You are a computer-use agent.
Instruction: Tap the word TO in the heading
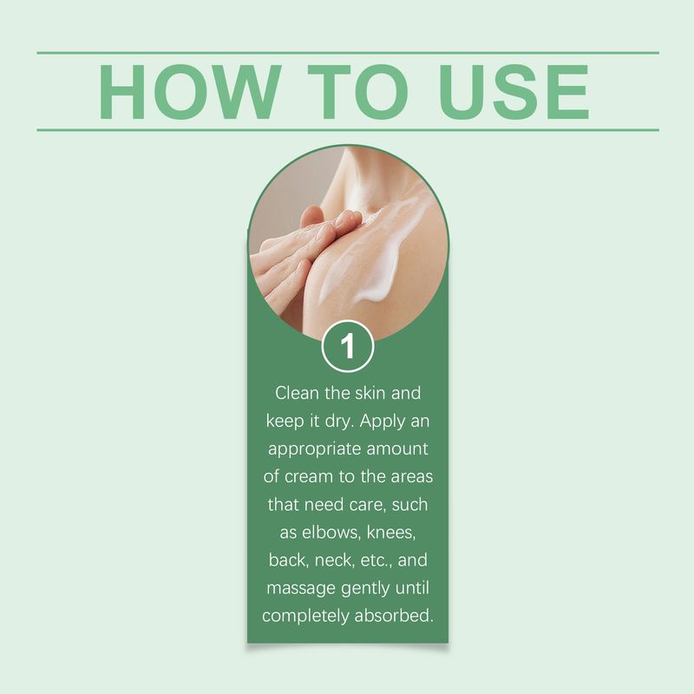[357, 92]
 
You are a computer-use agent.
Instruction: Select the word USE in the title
[514, 92]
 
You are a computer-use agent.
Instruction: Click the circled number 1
[348, 346]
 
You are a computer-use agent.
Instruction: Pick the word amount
[397, 448]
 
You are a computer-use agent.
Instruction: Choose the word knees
[391, 532]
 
